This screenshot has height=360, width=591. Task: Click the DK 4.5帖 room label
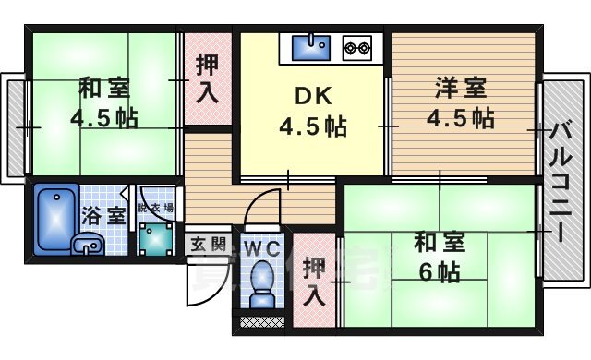[x=313, y=112]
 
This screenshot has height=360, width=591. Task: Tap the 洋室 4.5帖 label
[x=459, y=104]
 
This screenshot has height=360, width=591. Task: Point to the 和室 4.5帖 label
[x=103, y=104]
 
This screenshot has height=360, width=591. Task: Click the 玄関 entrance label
[x=208, y=245]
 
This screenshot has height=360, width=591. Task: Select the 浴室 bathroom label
[x=103, y=216]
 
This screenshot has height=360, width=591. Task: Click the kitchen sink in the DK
[x=313, y=44]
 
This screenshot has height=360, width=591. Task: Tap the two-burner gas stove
[x=357, y=44]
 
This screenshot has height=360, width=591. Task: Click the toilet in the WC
[x=261, y=282]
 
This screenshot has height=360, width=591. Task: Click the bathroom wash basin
[x=87, y=245]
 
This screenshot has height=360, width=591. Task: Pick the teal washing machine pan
[x=154, y=240]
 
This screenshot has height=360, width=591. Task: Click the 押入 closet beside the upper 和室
[x=207, y=78]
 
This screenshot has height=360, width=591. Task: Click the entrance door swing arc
[x=200, y=282]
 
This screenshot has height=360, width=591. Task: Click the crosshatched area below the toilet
[x=261, y=322]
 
